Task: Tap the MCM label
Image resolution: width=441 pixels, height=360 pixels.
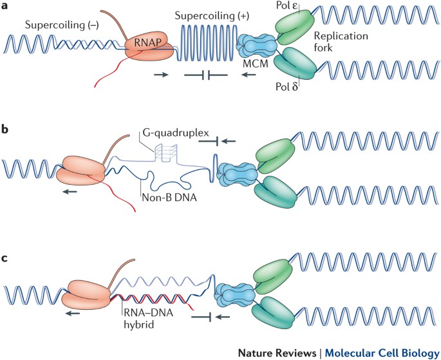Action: click(x=256, y=64)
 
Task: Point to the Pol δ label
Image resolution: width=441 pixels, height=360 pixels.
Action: click(x=286, y=86)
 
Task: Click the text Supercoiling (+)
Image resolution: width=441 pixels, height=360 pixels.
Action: click(x=212, y=15)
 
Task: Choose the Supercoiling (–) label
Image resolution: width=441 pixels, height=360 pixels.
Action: click(x=62, y=24)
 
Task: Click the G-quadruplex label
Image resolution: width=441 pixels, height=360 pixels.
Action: click(x=176, y=132)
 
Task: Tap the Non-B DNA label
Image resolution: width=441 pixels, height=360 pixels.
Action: click(x=169, y=198)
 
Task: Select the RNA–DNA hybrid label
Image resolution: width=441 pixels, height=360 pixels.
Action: click(x=149, y=319)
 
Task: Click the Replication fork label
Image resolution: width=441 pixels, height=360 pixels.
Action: click(x=341, y=41)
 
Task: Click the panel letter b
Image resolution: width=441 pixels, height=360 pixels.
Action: click(x=5, y=129)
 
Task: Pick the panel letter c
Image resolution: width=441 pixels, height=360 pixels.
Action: click(x=5, y=258)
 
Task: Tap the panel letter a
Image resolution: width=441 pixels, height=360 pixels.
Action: click(x=5, y=5)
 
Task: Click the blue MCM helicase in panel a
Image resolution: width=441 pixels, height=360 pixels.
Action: click(x=256, y=46)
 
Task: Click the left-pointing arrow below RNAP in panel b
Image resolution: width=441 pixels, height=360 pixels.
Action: click(x=70, y=191)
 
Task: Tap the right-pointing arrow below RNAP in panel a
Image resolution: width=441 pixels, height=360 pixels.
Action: click(x=161, y=75)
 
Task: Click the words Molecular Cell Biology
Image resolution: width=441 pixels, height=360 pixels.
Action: click(x=382, y=353)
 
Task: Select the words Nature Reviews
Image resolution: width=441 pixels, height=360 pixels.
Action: click(x=277, y=353)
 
